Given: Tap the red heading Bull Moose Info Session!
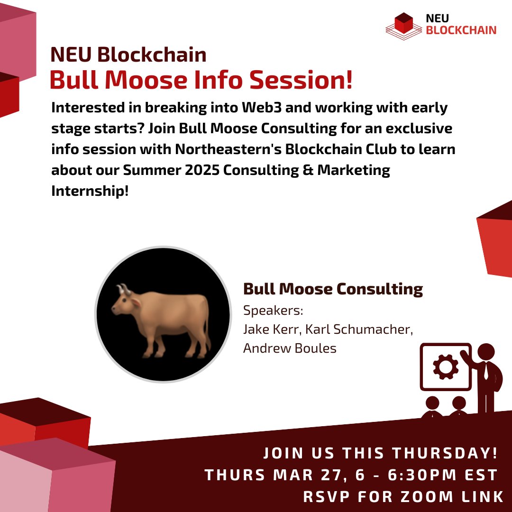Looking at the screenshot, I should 201,80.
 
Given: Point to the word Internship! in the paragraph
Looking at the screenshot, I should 90,191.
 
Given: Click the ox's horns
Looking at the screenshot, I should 124,289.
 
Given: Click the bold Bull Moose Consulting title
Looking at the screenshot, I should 333,289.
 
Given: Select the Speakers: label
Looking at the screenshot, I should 273,311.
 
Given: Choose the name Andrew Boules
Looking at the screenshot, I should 290,348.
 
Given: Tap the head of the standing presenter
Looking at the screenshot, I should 485,352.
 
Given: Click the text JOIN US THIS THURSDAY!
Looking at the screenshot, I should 381,454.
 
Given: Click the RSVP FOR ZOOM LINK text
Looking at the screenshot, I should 403,496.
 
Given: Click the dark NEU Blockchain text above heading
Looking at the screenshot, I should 128,55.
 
